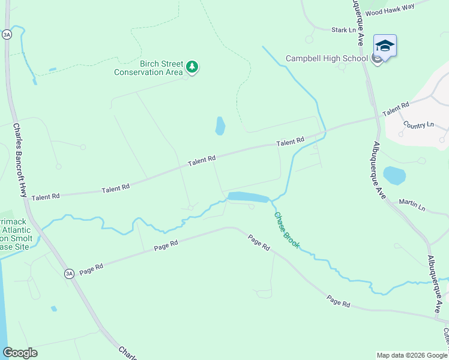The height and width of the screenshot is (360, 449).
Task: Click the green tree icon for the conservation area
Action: click(x=191, y=67)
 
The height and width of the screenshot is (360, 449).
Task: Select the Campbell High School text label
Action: click(x=327, y=58)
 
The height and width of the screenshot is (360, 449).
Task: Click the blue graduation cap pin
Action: click(x=385, y=46)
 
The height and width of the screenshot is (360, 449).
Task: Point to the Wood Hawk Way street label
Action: click(x=390, y=12)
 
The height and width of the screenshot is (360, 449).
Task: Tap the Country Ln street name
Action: click(x=418, y=125)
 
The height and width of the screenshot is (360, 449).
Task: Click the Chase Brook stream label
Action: click(x=287, y=230)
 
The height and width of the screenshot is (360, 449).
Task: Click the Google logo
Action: click(x=20, y=353)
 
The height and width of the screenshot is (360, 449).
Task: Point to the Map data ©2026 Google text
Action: click(x=411, y=355)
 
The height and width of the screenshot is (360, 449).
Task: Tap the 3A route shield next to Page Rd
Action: click(x=70, y=274)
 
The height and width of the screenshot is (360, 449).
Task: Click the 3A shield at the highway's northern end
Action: click(x=7, y=35)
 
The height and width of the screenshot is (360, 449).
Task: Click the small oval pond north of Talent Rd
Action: click(x=220, y=125)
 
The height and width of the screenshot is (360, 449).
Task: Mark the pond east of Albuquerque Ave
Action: click(x=394, y=176)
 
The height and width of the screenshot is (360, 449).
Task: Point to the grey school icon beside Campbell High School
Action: click(x=376, y=59)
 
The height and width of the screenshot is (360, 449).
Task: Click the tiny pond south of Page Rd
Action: click(x=54, y=308)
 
